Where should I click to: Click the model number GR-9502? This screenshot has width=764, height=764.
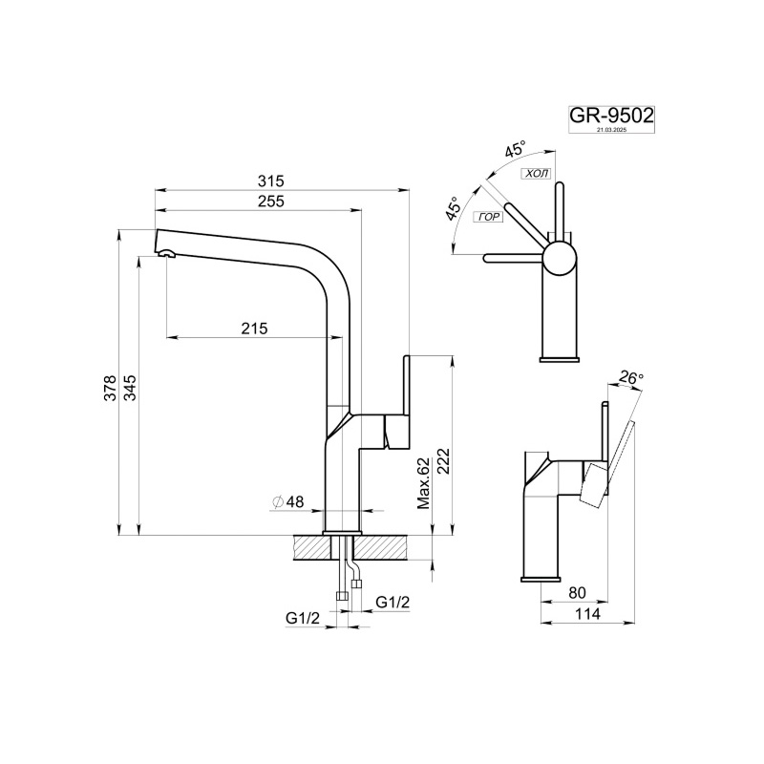[611, 116]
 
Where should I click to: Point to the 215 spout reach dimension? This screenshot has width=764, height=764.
[253, 328]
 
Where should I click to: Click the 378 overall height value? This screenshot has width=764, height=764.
[110, 387]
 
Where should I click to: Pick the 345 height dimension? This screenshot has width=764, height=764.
[129, 387]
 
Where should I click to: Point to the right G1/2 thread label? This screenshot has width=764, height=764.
[393, 602]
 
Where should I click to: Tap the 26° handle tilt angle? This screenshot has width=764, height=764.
[631, 378]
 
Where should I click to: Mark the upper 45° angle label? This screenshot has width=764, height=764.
[516, 149]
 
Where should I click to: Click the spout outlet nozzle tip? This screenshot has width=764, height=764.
[166, 253]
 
